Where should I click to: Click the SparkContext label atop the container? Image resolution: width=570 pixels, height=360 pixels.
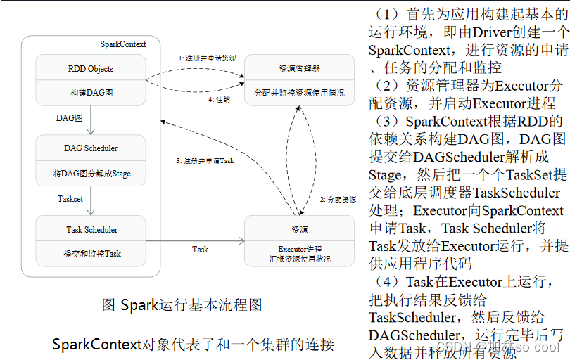tap(122, 44)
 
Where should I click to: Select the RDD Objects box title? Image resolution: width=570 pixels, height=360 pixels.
tap(90, 69)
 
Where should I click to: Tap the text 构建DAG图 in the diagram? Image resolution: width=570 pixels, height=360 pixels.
tap(90, 93)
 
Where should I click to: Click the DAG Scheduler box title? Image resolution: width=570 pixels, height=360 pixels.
tap(90, 148)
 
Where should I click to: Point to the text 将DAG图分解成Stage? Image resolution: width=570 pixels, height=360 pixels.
tap(90, 173)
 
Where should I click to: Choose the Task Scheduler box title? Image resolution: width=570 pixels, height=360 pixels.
tap(90, 230)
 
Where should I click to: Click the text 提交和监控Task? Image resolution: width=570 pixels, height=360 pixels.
tap(90, 253)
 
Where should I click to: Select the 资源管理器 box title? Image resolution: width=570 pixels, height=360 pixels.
tap(299, 69)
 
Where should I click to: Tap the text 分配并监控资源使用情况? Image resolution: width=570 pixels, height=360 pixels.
tap(299, 92)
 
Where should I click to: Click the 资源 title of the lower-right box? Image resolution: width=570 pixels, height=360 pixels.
tap(299, 230)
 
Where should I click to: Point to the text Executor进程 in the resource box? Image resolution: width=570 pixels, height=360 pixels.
tap(300, 250)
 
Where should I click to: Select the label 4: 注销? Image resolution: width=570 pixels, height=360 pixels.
tap(219, 100)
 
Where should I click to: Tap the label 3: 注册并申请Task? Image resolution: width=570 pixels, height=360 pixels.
tap(205, 160)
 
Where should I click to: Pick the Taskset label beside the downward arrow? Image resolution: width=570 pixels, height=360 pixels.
tap(70, 199)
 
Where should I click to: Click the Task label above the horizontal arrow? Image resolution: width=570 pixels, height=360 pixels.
tap(200, 249)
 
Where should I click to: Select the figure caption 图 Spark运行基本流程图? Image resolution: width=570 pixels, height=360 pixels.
tap(182, 305)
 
